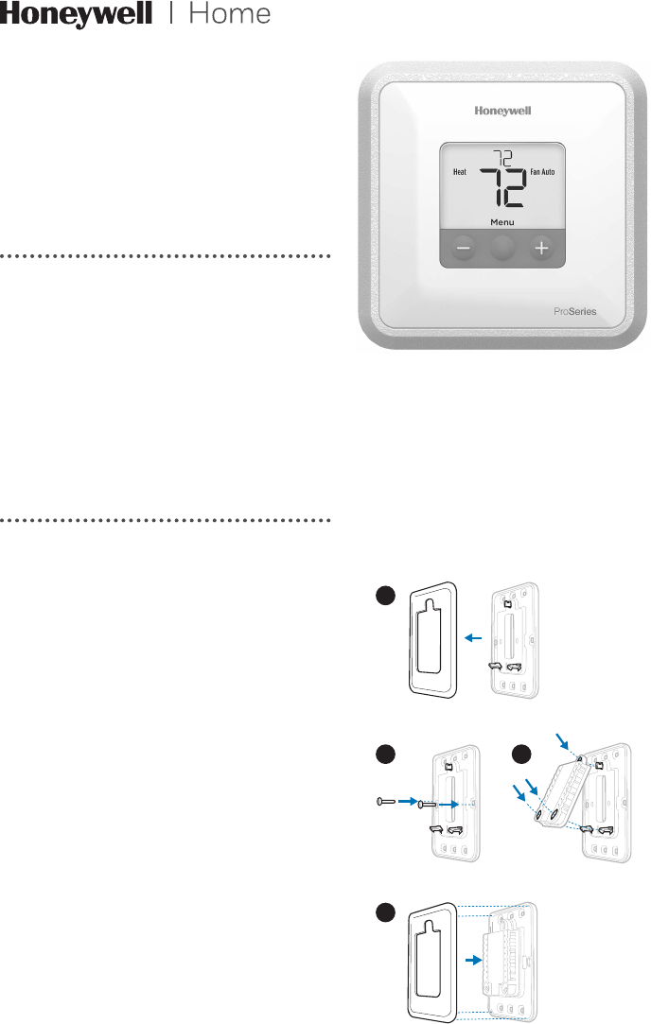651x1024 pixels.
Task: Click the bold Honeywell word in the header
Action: pos(76,16)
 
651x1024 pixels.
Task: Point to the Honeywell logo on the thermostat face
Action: pos(502,111)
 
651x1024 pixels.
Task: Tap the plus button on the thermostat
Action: pos(541,249)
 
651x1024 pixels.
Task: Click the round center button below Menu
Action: pos(503,249)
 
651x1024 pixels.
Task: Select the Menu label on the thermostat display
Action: pos(502,223)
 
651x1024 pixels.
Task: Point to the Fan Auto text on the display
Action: pos(545,173)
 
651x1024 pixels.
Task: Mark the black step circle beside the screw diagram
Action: pos(384,755)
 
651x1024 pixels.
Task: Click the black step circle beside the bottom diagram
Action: pos(384,914)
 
